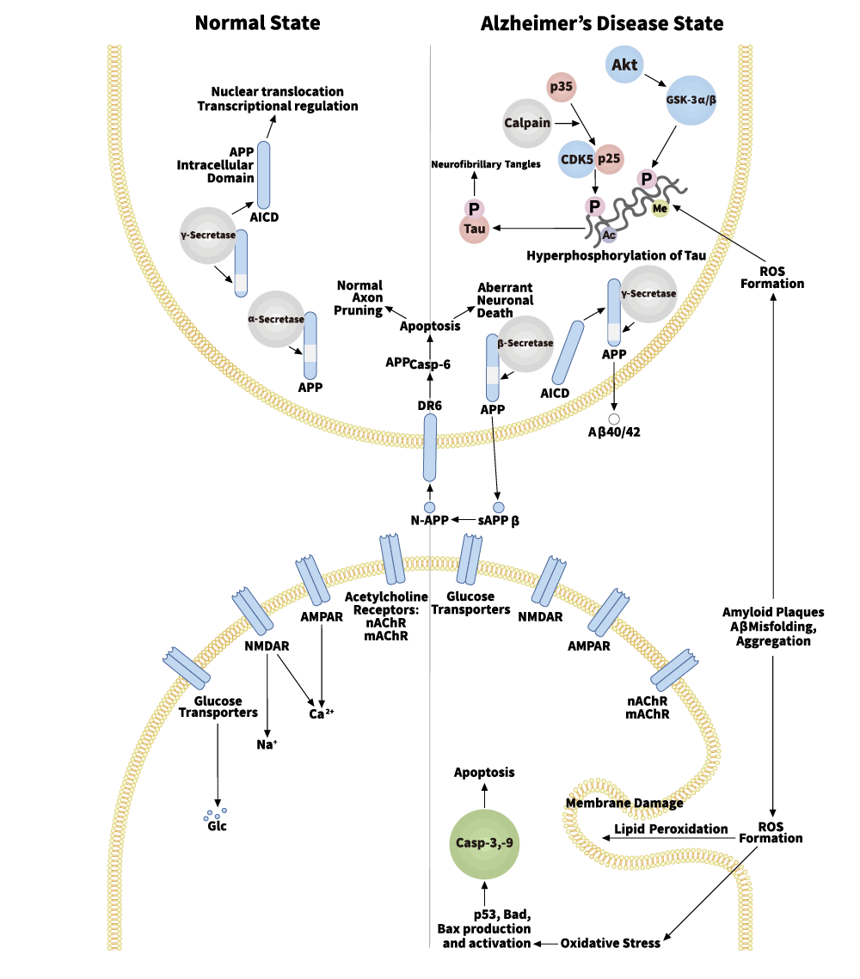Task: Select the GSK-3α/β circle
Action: pyautogui.click(x=691, y=100)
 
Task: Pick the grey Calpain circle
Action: pyautogui.click(x=526, y=123)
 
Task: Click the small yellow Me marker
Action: pyautogui.click(x=660, y=208)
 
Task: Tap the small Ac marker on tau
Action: pyautogui.click(x=609, y=234)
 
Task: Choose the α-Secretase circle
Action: pyautogui.click(x=276, y=319)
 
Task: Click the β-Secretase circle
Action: pyautogui.click(x=525, y=343)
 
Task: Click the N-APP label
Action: pyautogui.click(x=429, y=520)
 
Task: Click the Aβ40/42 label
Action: pyautogui.click(x=614, y=432)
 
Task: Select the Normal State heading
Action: pyautogui.click(x=257, y=23)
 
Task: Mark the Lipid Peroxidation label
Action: pyautogui.click(x=671, y=829)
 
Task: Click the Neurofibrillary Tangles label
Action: pyautogui.click(x=486, y=163)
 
